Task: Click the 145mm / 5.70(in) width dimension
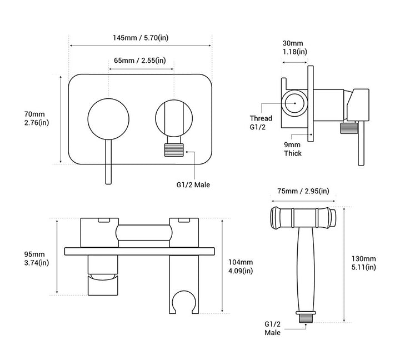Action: click(x=139, y=38)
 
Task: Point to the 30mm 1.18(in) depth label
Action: click(x=293, y=47)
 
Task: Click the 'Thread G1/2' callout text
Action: click(x=261, y=123)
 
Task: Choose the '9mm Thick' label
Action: click(x=293, y=149)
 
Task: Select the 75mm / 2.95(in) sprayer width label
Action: click(x=299, y=191)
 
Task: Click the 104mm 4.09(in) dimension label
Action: click(x=240, y=267)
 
